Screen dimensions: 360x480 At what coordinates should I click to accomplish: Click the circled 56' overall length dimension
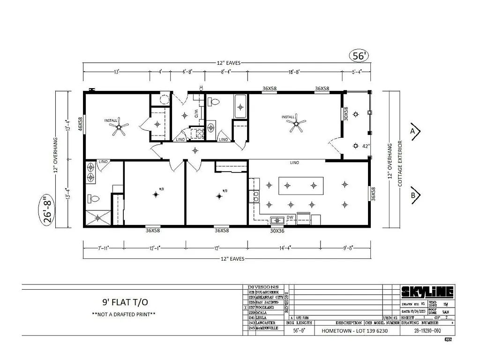[359, 55]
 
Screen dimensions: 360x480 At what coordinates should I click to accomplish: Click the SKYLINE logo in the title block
[427, 292]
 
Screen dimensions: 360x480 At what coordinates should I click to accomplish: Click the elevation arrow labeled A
[415, 132]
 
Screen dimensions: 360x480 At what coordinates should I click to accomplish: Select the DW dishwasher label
[290, 217]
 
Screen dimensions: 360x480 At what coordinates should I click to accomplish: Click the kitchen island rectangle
[301, 185]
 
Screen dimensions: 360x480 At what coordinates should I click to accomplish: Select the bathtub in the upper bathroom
[240, 106]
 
